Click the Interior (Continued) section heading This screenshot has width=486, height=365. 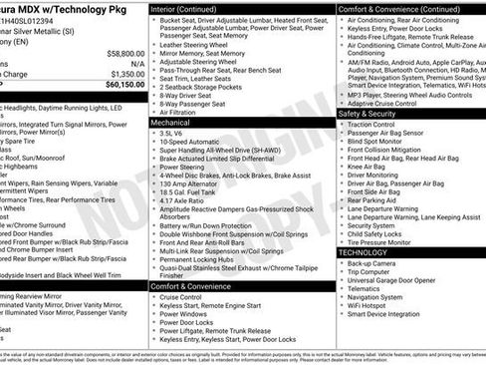[x=186, y=8]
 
